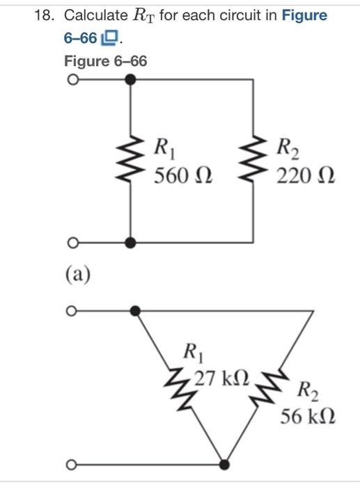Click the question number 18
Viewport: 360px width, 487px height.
[x=43, y=15]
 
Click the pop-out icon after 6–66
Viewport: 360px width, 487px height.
[x=111, y=37]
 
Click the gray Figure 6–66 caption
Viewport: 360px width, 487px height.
[x=105, y=61]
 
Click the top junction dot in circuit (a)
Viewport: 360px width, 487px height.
[x=130, y=80]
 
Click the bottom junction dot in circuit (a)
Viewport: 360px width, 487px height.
[x=130, y=243]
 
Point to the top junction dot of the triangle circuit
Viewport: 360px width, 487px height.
[x=137, y=311]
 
